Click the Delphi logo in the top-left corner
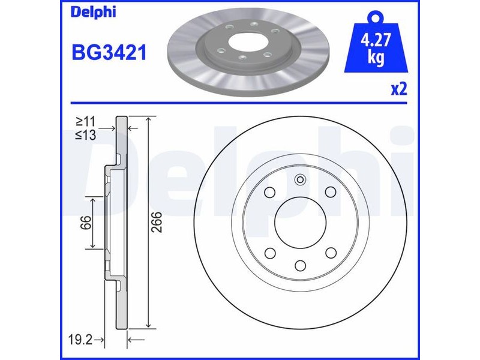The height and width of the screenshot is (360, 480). [x=94, y=12]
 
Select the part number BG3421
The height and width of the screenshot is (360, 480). [x=109, y=52]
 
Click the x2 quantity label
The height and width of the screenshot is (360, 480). [x=399, y=89]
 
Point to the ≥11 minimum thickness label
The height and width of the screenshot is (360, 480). [x=86, y=122]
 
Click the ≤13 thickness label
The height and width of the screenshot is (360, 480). [x=86, y=134]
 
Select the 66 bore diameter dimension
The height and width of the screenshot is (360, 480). [x=86, y=223]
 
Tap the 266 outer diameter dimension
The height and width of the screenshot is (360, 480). [x=157, y=222]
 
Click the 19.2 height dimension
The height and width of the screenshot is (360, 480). [x=80, y=340]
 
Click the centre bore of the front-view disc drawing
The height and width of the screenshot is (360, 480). [x=301, y=223]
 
